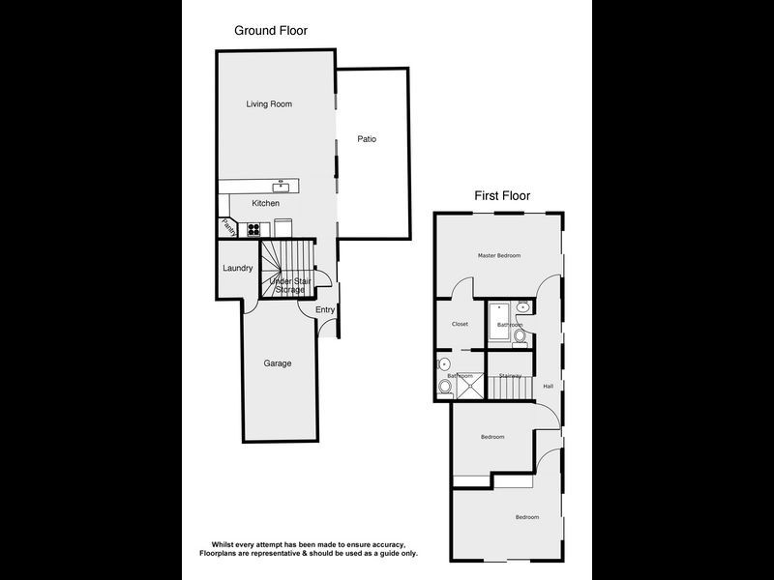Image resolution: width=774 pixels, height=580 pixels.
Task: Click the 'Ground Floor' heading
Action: point(271,31)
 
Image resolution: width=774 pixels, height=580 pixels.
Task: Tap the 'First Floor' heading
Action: point(501,195)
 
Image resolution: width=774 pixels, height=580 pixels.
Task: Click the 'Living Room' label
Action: point(269,103)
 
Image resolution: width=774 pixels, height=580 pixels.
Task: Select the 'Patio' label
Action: point(367,139)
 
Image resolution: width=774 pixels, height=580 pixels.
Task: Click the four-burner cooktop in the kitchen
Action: point(254,230)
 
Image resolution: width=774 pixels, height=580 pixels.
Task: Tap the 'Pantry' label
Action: point(227,227)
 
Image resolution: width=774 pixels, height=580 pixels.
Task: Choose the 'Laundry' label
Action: point(237,268)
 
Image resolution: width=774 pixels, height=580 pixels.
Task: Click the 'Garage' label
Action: point(278,363)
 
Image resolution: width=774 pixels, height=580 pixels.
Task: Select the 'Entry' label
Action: point(324,309)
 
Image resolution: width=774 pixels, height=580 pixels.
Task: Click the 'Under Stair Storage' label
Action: point(286,285)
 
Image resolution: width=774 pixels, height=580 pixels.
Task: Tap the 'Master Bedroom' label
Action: point(499,255)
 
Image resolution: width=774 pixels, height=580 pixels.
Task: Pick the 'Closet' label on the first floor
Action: point(459,324)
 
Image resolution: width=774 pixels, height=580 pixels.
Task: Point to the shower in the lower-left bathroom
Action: point(470,386)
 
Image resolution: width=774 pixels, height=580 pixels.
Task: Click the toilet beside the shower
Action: point(445,386)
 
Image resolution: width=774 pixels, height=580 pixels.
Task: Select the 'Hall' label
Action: point(548,386)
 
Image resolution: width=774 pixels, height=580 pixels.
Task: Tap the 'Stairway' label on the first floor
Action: point(510,375)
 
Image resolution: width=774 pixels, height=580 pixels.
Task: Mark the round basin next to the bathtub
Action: point(523,307)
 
